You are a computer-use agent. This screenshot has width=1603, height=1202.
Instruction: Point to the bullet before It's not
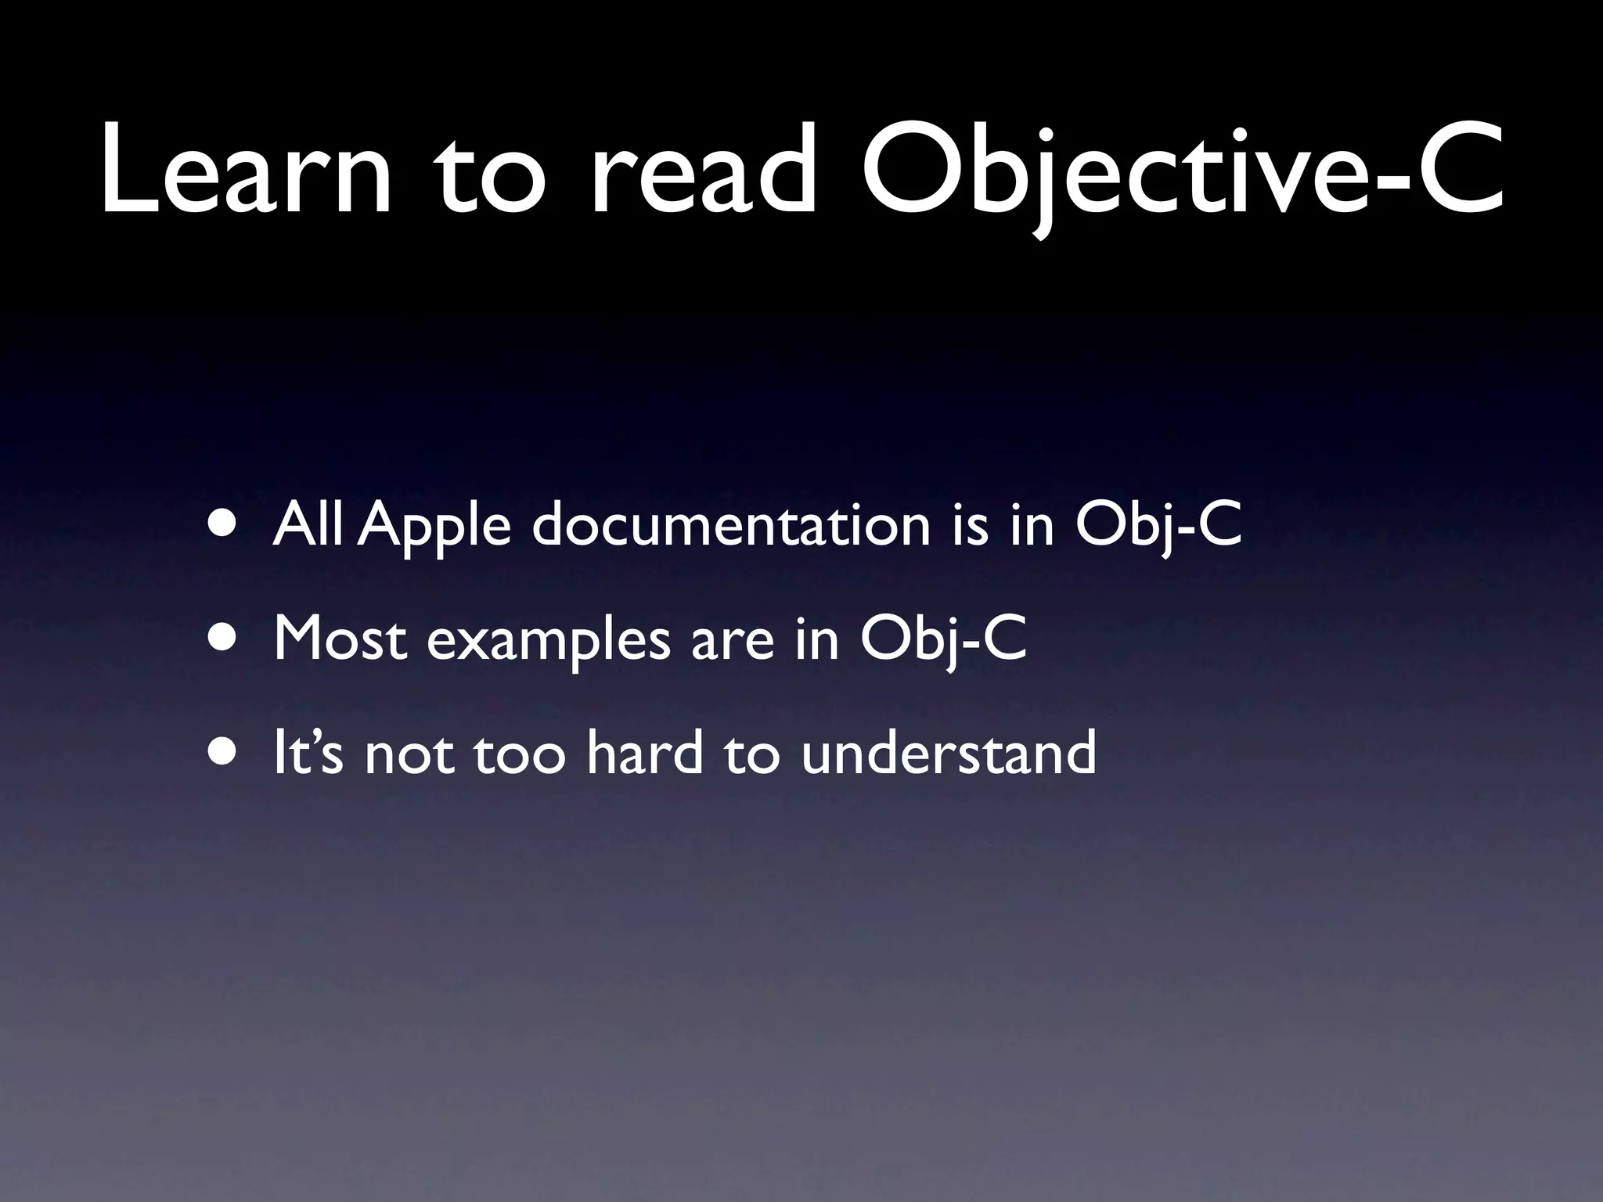(225, 754)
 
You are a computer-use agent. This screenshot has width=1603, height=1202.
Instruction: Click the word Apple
(437, 526)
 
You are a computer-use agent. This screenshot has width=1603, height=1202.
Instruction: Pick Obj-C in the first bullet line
(1158, 526)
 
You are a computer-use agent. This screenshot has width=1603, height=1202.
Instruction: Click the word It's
(308, 753)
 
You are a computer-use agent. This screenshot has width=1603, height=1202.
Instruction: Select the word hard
(644, 753)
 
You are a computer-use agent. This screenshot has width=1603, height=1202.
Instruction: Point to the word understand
(948, 753)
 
